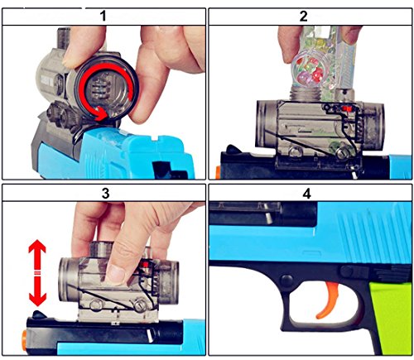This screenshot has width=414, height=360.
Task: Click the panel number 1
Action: [103, 16]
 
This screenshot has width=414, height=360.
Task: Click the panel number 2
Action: [303, 16]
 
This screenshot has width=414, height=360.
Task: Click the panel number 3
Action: [106, 194]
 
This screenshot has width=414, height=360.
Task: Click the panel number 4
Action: [306, 194]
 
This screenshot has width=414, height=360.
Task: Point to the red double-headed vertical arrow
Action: [37, 273]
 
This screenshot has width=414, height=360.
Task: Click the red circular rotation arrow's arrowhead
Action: [101, 114]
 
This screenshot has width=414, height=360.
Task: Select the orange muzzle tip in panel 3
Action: [24, 337]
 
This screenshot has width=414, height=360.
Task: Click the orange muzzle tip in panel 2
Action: [218, 172]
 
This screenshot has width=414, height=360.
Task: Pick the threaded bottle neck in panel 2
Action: [305, 93]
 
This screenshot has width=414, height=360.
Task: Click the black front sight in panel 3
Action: [39, 314]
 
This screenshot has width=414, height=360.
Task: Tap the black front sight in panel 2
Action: [233, 149]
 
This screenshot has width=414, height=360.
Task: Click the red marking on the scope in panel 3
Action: [145, 265]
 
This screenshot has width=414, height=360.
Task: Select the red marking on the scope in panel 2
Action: [347, 108]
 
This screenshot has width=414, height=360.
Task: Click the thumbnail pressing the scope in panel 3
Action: [117, 275]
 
